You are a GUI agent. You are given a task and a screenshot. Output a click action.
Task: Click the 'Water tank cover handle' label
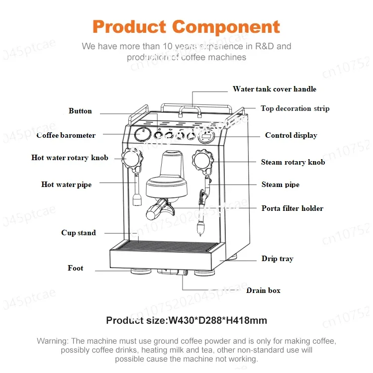(x=274, y=89)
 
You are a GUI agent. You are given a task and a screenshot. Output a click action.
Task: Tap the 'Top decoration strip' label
(x=295, y=108)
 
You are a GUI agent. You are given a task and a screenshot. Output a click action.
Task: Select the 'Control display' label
(x=291, y=135)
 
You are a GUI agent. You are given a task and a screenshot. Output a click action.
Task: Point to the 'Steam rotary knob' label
(x=293, y=162)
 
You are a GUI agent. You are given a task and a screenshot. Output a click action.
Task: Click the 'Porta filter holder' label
(x=292, y=208)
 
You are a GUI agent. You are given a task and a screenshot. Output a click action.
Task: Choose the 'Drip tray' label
(x=278, y=259)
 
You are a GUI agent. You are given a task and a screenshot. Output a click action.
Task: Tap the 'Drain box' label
(x=264, y=290)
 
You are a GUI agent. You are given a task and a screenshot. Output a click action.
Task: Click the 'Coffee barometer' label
(x=66, y=135)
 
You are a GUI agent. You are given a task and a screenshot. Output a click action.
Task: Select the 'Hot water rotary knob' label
(x=70, y=158)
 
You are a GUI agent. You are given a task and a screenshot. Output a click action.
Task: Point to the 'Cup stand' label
(x=79, y=233)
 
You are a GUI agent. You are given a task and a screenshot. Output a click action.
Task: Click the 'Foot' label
(x=76, y=268)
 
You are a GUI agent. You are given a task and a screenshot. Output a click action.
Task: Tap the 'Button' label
(x=80, y=111)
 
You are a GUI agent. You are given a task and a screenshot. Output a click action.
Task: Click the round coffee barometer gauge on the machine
(x=142, y=135)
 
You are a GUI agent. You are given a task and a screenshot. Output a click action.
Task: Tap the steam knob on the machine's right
(x=203, y=159)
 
